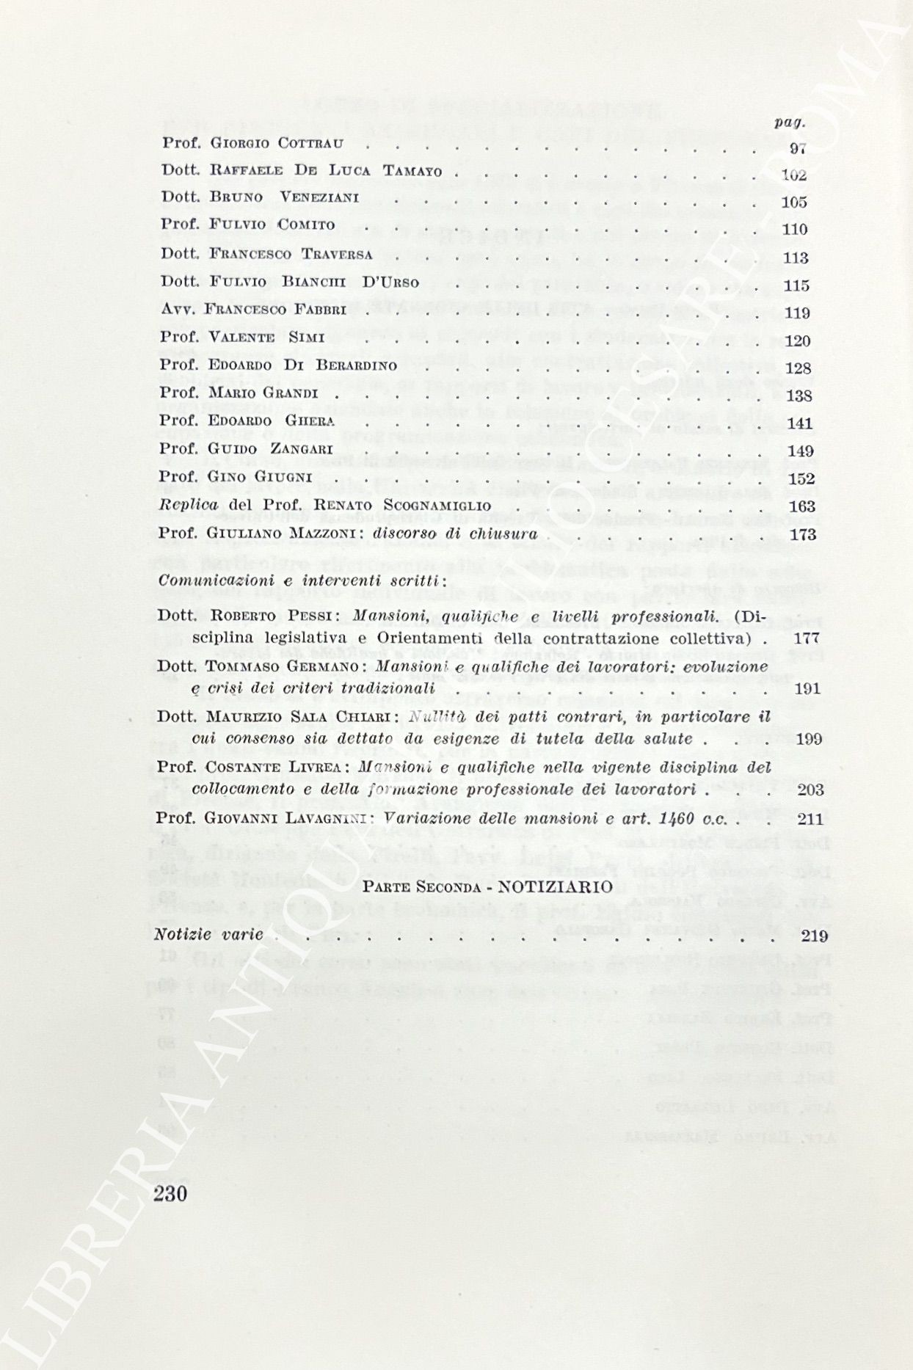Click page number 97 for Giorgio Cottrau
[x=798, y=147]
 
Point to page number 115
[x=796, y=285]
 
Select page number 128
[x=798, y=368]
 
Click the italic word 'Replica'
[x=189, y=506]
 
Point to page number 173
[x=802, y=534]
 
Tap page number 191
[x=807, y=688]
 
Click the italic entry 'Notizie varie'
[x=208, y=935]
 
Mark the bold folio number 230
[x=172, y=1193]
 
